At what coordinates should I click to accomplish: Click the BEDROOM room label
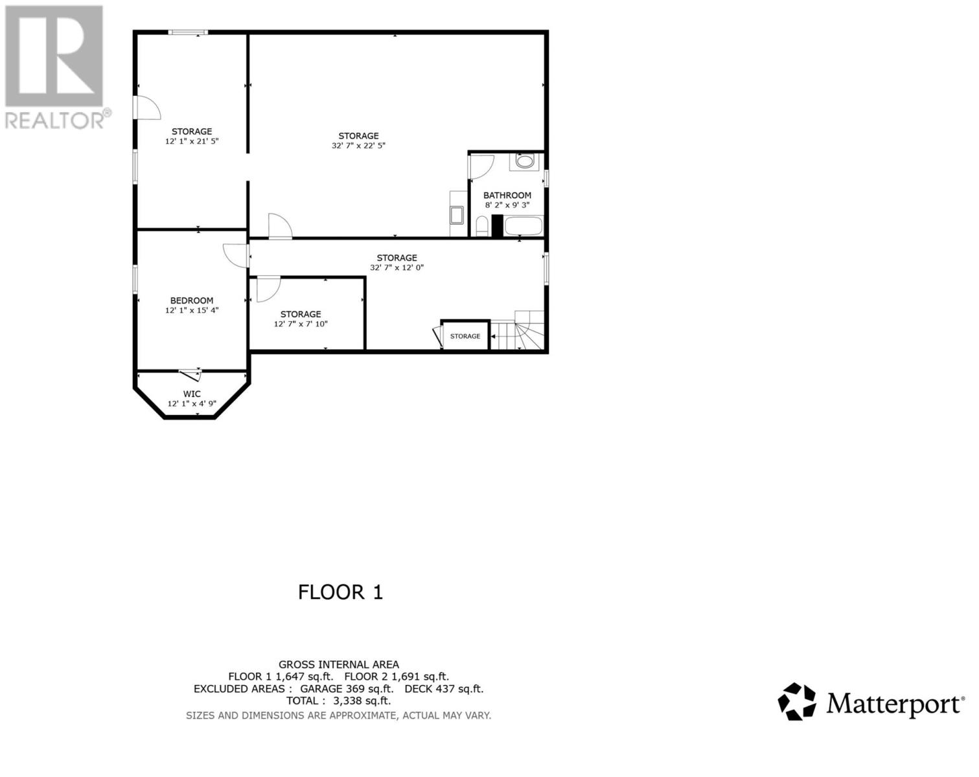click(x=192, y=300)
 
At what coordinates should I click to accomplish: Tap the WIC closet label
click(x=192, y=394)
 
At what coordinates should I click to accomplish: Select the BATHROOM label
click(x=507, y=195)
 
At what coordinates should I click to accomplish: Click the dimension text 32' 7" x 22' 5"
click(x=358, y=146)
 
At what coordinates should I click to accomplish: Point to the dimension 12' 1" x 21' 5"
click(x=192, y=141)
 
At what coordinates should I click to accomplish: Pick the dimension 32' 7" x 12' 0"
click(x=397, y=267)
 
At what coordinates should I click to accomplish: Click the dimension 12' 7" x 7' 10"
click(x=301, y=324)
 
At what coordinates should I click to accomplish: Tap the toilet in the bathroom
click(x=481, y=227)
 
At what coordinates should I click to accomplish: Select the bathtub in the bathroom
click(x=523, y=227)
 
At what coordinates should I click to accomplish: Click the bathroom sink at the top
click(x=524, y=161)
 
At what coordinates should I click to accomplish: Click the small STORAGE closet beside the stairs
click(x=465, y=336)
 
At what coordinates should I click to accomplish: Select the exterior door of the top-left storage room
click(x=146, y=107)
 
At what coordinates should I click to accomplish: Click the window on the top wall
click(x=188, y=32)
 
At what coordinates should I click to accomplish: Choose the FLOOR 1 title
click(x=340, y=592)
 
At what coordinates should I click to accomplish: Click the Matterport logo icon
click(x=797, y=701)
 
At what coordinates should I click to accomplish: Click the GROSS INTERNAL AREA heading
click(x=339, y=664)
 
